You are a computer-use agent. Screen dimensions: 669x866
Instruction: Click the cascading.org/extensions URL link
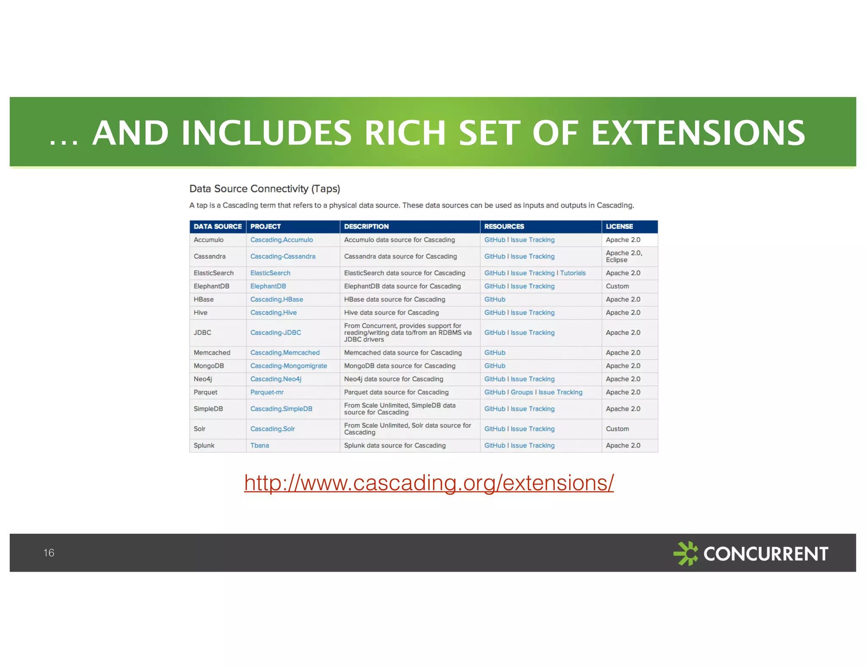(429, 483)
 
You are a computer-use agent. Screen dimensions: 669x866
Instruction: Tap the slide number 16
(49, 553)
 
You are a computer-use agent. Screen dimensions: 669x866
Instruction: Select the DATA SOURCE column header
(217, 227)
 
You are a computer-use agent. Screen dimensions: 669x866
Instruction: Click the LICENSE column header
(619, 227)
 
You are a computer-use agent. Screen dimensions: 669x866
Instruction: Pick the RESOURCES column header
(504, 227)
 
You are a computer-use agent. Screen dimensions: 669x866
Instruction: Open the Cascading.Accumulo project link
(282, 240)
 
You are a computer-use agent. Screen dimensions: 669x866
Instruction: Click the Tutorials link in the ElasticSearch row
(573, 273)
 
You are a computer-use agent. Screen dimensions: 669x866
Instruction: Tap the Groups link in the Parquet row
(522, 392)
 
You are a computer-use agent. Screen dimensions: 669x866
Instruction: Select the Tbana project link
(260, 445)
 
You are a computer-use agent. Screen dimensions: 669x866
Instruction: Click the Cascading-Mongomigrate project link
(288, 366)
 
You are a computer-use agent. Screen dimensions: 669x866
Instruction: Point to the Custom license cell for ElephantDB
(617, 286)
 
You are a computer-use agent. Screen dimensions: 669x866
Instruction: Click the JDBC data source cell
(203, 333)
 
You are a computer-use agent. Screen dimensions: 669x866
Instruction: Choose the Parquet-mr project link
(267, 392)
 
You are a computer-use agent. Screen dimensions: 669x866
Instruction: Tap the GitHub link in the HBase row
(495, 299)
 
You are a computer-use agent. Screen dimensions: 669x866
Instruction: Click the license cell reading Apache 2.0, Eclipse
(624, 256)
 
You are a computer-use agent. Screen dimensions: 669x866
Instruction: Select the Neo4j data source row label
(203, 379)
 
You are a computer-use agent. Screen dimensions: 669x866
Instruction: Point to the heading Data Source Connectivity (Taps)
(265, 189)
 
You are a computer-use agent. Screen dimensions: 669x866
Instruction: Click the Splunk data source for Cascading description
(395, 445)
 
